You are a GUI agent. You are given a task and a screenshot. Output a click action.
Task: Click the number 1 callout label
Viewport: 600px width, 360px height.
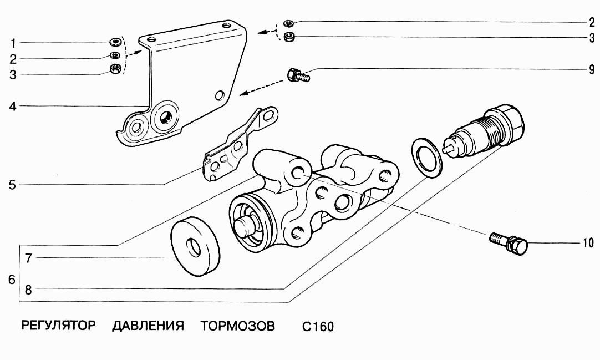[13, 43]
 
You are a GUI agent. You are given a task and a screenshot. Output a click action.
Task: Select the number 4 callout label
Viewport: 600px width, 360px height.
[13, 105]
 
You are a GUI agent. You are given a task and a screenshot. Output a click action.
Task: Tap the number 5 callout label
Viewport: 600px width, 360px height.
[13, 184]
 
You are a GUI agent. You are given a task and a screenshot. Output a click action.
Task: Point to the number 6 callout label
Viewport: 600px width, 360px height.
[12, 280]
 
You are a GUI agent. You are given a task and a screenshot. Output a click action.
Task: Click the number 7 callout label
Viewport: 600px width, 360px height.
[28, 258]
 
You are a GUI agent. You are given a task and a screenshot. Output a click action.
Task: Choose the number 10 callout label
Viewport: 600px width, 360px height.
[588, 242]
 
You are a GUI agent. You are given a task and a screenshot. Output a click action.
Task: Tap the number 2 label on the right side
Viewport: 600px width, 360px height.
[592, 23]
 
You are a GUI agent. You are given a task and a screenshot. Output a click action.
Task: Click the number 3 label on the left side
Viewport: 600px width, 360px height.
[13, 74]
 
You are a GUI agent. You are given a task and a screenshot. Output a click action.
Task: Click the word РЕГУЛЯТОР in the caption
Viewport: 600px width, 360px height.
[59, 325]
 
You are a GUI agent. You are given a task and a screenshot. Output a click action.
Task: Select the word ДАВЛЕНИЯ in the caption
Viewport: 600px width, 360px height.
[148, 325]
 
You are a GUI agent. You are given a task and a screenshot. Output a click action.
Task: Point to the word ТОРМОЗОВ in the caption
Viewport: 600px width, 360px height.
[237, 325]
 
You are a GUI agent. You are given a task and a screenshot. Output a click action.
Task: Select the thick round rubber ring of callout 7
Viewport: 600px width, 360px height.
[194, 246]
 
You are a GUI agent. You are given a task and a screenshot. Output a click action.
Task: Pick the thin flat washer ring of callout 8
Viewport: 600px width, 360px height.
[426, 157]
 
